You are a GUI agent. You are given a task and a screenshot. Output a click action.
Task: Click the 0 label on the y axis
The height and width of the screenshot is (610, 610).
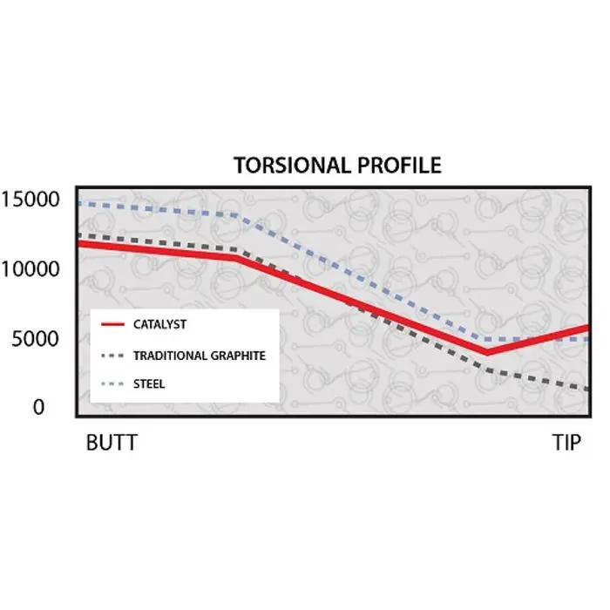pyautogui.click(x=37, y=407)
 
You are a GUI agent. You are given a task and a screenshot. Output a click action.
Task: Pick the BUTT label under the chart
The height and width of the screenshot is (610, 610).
pyautogui.click(x=112, y=443)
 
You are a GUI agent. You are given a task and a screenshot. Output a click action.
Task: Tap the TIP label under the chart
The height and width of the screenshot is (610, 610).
pyautogui.click(x=567, y=443)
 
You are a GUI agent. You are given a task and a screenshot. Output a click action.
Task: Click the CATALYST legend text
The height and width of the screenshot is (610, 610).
pyautogui.click(x=159, y=325)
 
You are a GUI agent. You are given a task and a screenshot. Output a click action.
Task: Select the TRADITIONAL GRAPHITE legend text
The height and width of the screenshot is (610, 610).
pyautogui.click(x=199, y=356)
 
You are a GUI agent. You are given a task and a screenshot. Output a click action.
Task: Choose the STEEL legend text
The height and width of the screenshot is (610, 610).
pyautogui.click(x=149, y=383)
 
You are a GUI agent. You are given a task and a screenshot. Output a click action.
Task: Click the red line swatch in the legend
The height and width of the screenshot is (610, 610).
pyautogui.click(x=112, y=325)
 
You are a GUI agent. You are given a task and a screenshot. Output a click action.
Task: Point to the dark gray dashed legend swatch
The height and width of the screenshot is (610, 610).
pyautogui.click(x=112, y=356)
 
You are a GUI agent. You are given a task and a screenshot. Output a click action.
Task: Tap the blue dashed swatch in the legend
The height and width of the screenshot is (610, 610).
pyautogui.click(x=112, y=383)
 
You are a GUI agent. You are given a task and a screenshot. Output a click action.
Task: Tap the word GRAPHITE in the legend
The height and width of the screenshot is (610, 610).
pyautogui.click(x=234, y=356)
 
